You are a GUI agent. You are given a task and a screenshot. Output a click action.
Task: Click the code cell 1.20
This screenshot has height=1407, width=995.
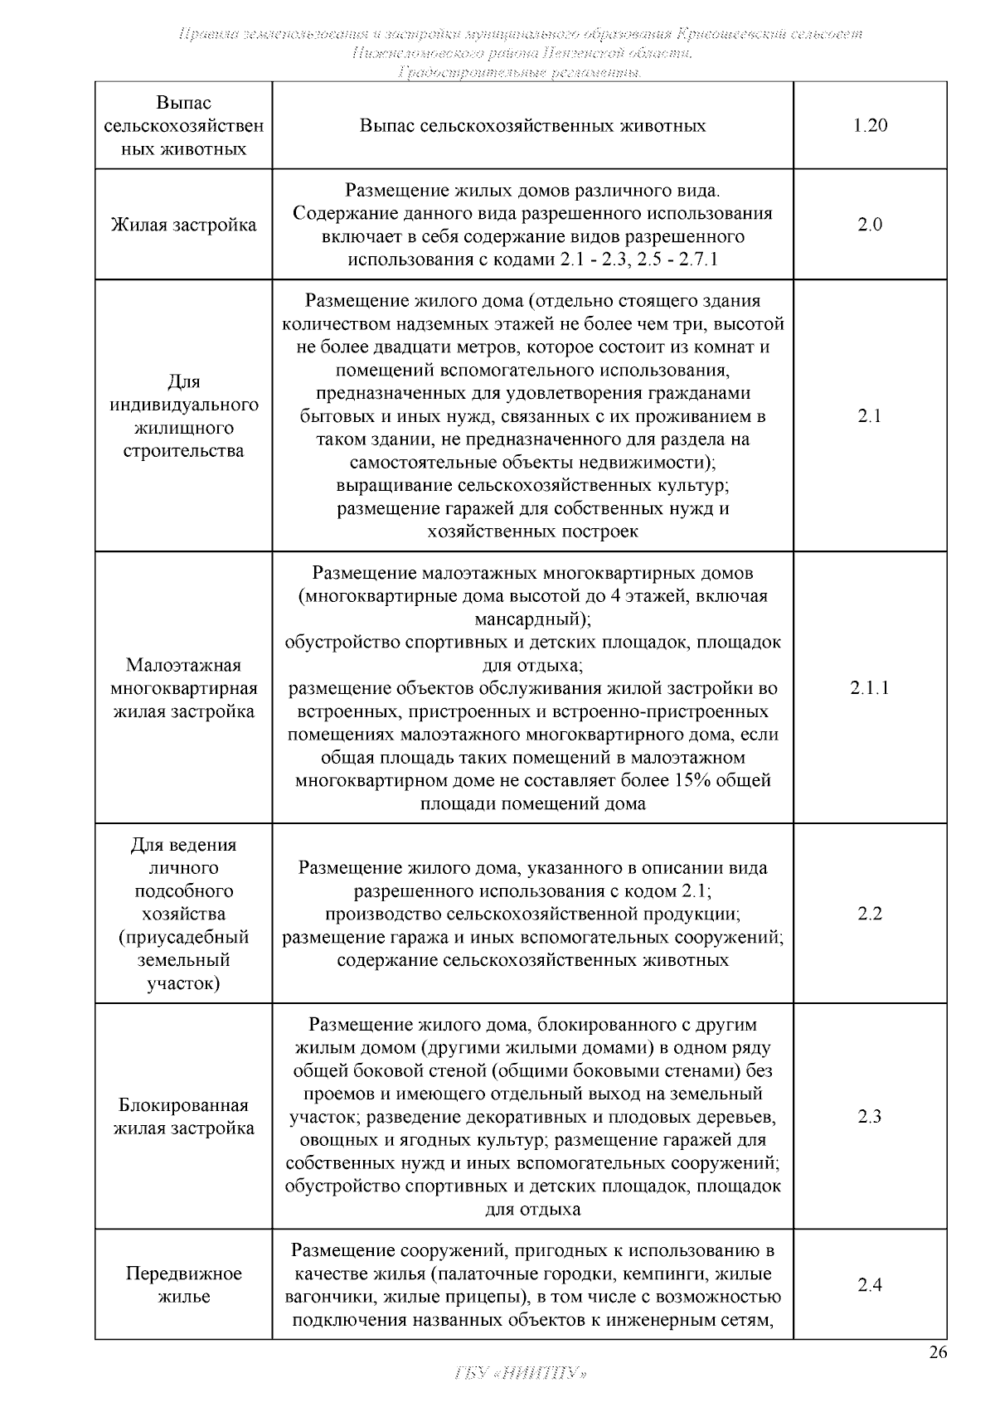pos(869,126)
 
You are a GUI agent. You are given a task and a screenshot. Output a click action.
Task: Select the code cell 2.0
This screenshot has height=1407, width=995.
pos(869,225)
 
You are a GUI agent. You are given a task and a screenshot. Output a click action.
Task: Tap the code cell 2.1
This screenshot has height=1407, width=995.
pos(869,416)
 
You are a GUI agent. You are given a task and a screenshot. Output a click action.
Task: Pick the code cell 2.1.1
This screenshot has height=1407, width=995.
pos(869,687)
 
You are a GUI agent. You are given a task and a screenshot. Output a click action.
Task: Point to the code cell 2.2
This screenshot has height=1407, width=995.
pos(869,914)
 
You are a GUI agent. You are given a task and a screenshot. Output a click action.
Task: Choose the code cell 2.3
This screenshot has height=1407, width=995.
pos(869,1116)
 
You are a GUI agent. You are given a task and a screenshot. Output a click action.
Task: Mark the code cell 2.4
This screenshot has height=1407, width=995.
pos(869,1285)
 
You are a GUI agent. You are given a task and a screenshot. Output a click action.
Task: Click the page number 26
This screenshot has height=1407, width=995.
pos(937,1353)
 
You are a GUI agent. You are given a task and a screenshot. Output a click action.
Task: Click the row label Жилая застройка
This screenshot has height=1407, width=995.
pos(183,225)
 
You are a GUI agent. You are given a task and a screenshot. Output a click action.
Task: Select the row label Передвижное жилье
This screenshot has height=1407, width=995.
pos(183,1285)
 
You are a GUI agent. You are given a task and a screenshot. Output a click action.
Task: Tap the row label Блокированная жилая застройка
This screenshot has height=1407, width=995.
pos(183,1117)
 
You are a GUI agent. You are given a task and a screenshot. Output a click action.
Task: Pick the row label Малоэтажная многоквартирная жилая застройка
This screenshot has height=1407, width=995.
pos(183,688)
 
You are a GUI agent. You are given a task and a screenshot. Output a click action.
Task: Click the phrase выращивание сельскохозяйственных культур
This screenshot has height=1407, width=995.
pos(532,485)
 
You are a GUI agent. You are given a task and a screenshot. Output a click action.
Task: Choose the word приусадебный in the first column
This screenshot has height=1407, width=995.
pos(183,938)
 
